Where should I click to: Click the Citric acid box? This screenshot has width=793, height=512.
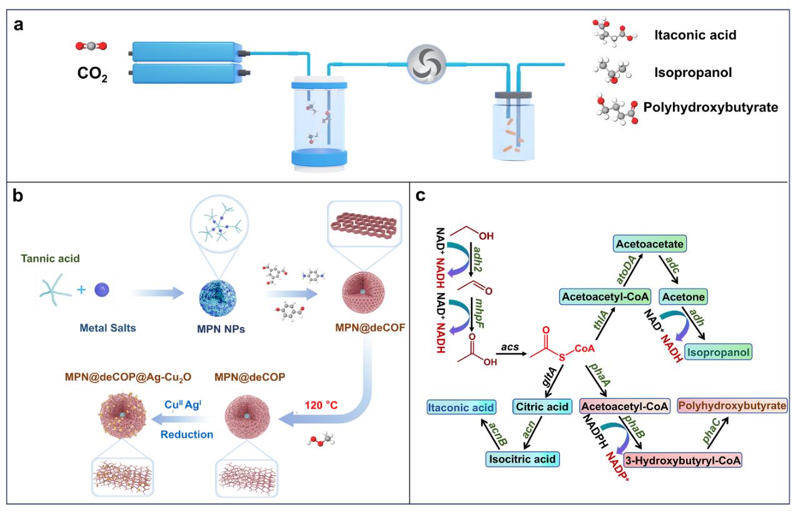coord(540,408)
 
